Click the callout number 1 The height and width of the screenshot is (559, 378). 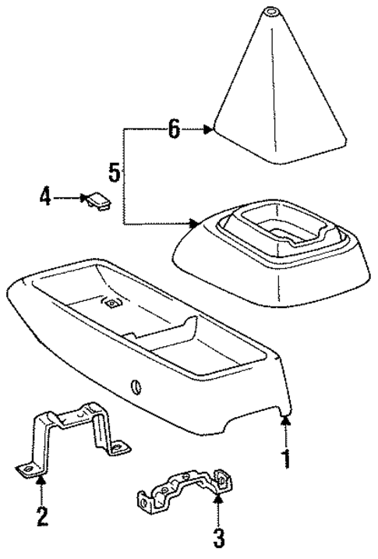click(x=287, y=459)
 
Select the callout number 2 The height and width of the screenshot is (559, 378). click(x=41, y=515)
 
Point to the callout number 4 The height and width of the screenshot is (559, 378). click(x=45, y=198)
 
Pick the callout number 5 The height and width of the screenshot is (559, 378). click(x=115, y=172)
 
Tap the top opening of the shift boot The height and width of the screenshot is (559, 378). click(x=272, y=11)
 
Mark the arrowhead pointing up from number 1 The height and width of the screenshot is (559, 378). click(x=287, y=421)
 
